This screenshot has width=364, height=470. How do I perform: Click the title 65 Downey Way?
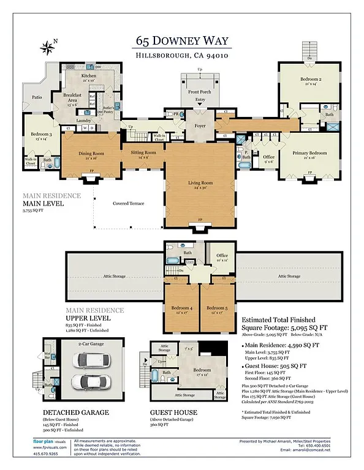pyautogui.click(x=181, y=42)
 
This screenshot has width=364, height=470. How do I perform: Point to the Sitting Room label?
pyautogui.click(x=143, y=154)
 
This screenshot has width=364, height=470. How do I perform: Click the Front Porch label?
pyautogui.click(x=197, y=92)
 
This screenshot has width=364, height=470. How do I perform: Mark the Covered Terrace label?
pyautogui.click(x=129, y=203)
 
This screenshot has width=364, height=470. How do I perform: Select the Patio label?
pyautogui.click(x=37, y=97)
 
